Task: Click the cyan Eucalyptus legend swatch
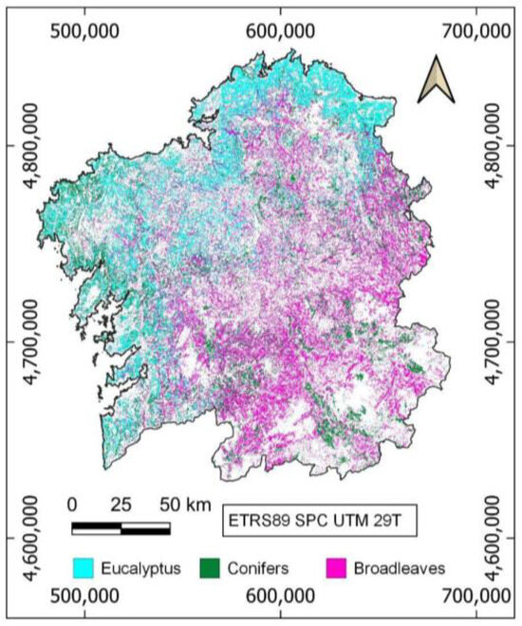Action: tap(89, 568)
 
